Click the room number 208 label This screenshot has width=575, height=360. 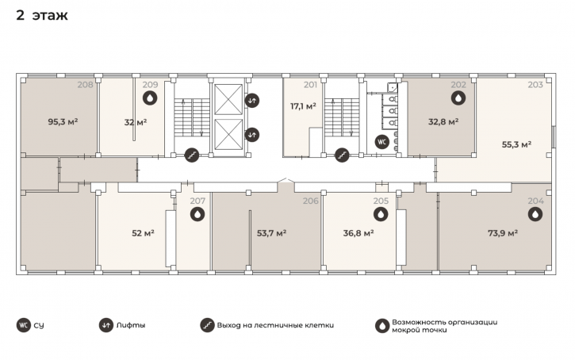coord(85,85)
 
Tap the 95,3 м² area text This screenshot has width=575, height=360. coord(63,121)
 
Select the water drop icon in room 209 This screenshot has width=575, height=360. coord(150,98)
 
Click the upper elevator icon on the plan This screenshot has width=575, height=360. coord(252,100)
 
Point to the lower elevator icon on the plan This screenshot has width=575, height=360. coord(252,135)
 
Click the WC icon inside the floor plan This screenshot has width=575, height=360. coord(381,142)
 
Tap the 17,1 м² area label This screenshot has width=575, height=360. coord(303,106)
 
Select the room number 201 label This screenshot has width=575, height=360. coord(310,85)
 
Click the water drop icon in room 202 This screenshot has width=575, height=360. coord(458,98)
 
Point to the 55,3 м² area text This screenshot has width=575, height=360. coord(516,144)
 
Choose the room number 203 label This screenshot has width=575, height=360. coord(535,85)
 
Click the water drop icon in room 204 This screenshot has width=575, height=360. coord(535,214)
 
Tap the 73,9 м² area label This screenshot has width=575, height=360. coord(503,233)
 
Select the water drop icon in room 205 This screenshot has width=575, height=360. coord(381,214)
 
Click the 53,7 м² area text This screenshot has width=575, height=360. coord(272,233)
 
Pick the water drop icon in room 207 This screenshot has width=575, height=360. coord(197,214)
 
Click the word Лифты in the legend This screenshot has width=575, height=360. coord(131,325)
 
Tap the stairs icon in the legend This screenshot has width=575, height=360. coord(207,325)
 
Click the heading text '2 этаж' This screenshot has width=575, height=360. coord(42,15)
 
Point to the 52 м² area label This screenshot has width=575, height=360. coord(143,233)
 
